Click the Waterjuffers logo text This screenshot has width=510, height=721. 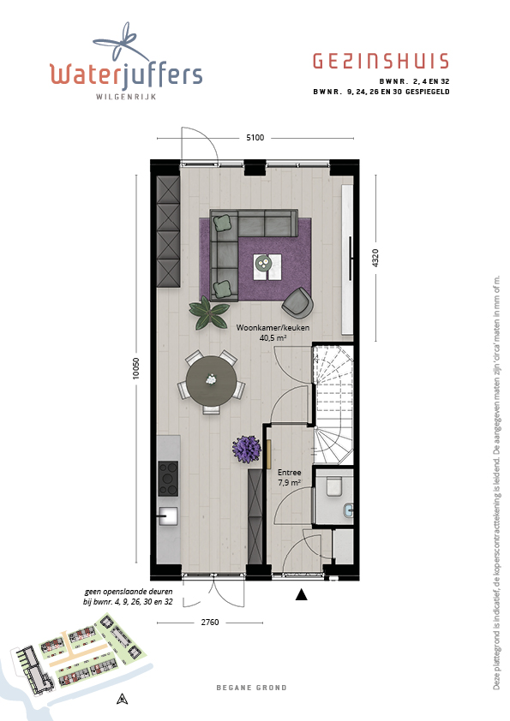[126, 75]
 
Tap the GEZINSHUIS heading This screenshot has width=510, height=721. [381, 61]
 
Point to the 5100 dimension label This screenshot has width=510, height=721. [255, 138]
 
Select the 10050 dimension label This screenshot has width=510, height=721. [135, 368]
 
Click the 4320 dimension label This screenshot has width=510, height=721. [375, 258]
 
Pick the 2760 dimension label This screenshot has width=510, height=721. [210, 623]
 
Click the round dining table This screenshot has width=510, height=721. [211, 380]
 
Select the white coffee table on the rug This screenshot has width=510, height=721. [267, 266]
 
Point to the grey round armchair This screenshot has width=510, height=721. [297, 303]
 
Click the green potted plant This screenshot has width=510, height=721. [209, 313]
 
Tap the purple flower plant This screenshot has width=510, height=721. [246, 449]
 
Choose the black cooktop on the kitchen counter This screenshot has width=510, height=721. [168, 478]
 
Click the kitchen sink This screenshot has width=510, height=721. [169, 516]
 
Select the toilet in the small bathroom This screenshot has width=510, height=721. [333, 486]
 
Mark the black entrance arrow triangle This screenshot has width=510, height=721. [301, 594]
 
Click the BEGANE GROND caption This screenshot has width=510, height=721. [251, 688]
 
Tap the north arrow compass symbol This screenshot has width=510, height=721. [122, 699]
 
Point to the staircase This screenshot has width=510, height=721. [333, 405]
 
